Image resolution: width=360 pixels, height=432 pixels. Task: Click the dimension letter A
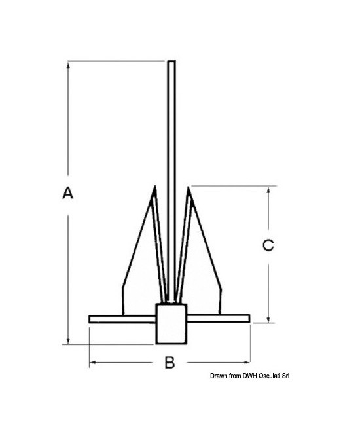[67, 193]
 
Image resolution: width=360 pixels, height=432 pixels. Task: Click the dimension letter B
[170, 363]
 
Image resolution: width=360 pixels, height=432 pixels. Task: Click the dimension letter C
[267, 245]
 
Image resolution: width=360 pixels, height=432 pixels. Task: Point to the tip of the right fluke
[188, 187]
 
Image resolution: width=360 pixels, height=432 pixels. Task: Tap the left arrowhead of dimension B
[93, 363]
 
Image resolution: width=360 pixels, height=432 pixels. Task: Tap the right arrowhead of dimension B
[248, 363]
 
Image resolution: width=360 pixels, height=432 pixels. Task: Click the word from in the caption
[232, 376]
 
